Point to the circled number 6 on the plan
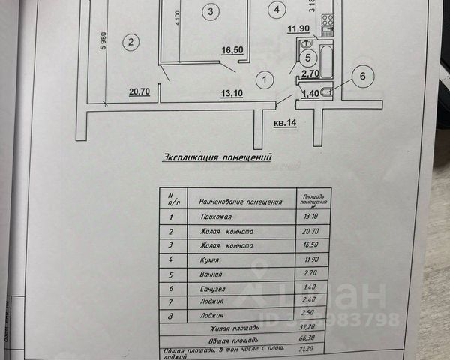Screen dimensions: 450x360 (362, 75)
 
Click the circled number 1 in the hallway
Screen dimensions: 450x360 (263, 77)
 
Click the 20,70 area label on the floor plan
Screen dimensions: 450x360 (139, 92)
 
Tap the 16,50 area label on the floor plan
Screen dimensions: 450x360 (232, 51)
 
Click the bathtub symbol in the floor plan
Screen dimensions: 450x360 (327, 61)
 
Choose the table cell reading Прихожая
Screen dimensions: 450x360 (215, 217)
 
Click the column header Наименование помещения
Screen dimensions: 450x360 (240, 202)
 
